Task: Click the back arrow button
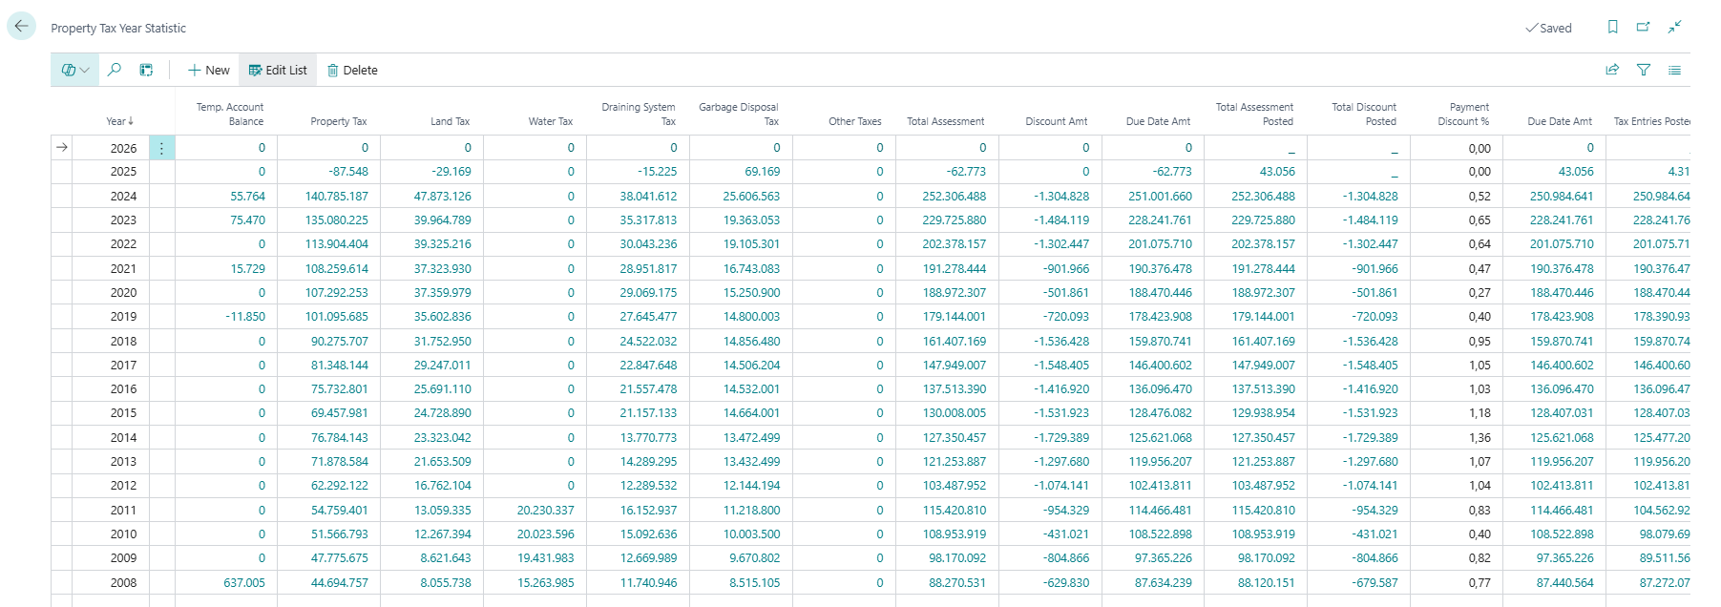[x=21, y=26]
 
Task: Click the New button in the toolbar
[x=209, y=70]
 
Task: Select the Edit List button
[x=278, y=70]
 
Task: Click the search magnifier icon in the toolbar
[x=115, y=70]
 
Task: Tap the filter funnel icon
[x=1644, y=70]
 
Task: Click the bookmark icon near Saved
[x=1613, y=27]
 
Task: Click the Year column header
[x=120, y=121]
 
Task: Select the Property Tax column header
[x=339, y=121]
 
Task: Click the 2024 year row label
[x=123, y=196]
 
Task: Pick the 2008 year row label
[x=123, y=582]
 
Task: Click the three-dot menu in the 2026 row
[x=162, y=148]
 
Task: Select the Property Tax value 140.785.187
[x=337, y=196]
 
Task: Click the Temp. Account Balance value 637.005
[x=244, y=582]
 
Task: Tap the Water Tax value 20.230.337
[x=546, y=511]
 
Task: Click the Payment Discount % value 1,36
[x=1480, y=438]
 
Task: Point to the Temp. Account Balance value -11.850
[x=245, y=317]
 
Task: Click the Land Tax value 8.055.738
[x=446, y=582]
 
